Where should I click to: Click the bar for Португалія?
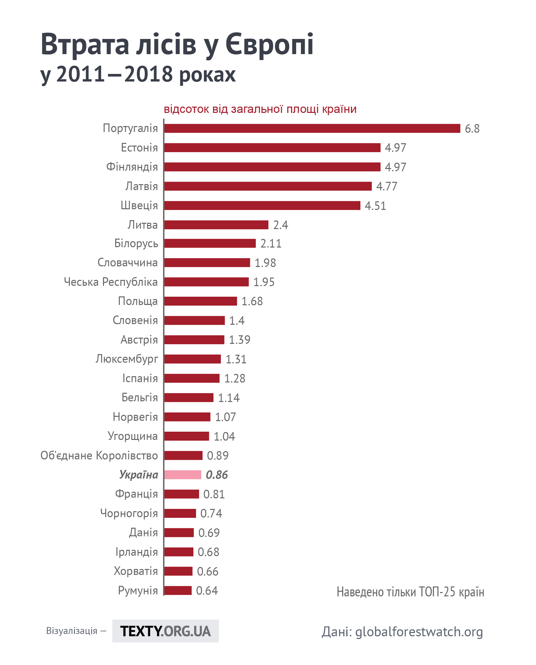click(312, 128)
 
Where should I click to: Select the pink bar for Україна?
click(183, 475)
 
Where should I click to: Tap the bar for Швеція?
click(262, 205)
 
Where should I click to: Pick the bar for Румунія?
click(178, 590)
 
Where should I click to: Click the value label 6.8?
click(472, 128)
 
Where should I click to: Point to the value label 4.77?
click(387, 186)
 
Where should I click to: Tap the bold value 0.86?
click(217, 475)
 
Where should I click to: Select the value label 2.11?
click(271, 244)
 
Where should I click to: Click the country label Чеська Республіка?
click(111, 282)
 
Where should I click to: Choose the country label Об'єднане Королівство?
click(99, 455)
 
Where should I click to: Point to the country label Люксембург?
click(127, 359)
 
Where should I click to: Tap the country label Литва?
click(143, 225)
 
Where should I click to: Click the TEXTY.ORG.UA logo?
click(165, 631)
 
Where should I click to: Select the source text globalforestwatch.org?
click(419, 632)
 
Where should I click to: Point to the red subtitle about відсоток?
click(260, 109)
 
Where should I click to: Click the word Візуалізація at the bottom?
click(72, 631)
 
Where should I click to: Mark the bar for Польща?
click(201, 301)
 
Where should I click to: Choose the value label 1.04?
click(224, 436)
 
